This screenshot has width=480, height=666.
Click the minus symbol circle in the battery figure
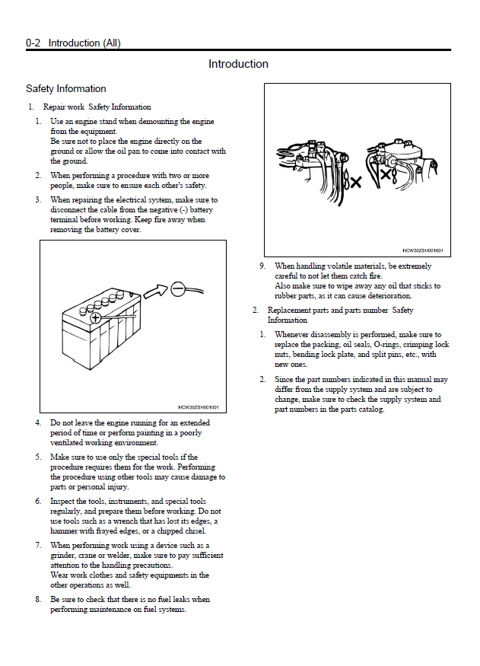(177, 288)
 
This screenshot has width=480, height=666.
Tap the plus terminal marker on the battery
(96, 318)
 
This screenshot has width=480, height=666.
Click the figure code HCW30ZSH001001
(199, 407)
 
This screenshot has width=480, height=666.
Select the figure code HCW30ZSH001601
(422, 250)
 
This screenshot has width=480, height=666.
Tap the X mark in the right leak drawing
(386, 175)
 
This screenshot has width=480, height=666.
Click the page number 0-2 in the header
(33, 43)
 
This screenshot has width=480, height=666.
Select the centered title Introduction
(238, 64)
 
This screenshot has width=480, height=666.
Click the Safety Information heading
(65, 89)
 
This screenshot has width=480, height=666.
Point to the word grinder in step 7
(63, 556)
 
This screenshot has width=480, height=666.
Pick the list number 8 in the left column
(38, 600)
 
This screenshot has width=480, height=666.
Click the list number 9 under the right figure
(262, 266)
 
